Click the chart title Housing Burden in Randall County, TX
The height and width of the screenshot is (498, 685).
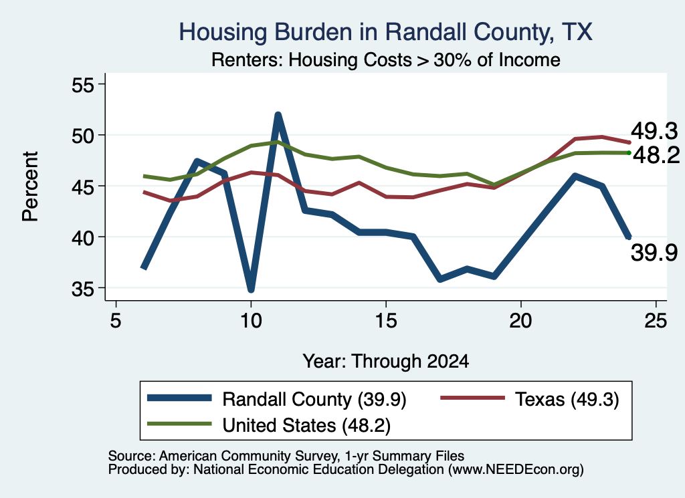coord(385,32)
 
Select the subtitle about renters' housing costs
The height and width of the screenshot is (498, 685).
coord(386,59)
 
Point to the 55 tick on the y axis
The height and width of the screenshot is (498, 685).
coord(83,85)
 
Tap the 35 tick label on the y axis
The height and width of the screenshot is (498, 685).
coord(83,289)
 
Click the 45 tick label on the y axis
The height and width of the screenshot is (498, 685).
coord(83,186)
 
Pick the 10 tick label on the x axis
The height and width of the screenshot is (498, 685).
coord(251,321)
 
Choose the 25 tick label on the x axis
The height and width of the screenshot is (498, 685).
coord(656,321)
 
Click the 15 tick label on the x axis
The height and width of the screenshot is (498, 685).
coord(386,321)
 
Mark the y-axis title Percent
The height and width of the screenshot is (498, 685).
coord(30,186)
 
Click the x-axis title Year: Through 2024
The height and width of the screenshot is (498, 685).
coord(386,362)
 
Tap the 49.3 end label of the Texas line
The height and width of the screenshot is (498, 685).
coord(654,131)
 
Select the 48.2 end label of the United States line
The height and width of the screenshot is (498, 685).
coord(656,155)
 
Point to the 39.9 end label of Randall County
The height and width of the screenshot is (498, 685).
coord(654,253)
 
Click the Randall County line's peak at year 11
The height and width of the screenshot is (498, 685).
coord(278,115)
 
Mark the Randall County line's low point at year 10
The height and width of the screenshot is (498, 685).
coord(251,289)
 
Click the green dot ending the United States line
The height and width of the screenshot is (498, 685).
coord(629,153)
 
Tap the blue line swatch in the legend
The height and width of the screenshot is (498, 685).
coord(179,398)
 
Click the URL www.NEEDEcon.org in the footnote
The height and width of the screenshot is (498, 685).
coord(516,470)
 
